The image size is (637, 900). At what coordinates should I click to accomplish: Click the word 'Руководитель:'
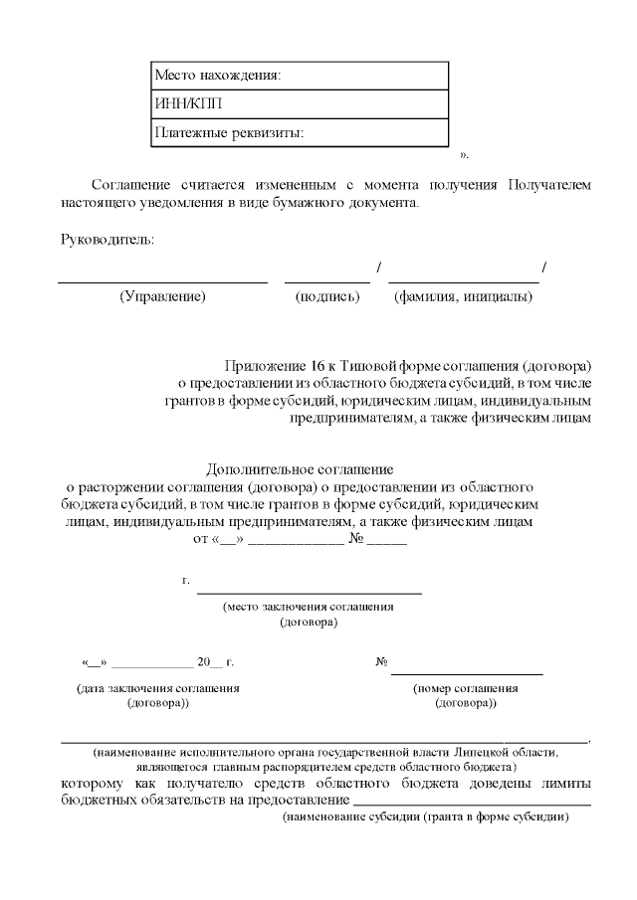coord(107,240)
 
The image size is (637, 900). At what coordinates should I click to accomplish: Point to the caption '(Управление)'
coord(162,296)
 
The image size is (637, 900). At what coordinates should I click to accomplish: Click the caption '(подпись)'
coord(327,296)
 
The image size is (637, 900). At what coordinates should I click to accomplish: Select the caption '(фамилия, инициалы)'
coord(463,296)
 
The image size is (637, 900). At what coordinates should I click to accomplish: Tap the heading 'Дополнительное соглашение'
coord(301,468)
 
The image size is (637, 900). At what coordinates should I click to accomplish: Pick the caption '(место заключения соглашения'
coord(309,606)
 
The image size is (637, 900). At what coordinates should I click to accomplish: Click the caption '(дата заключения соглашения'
coord(158,687)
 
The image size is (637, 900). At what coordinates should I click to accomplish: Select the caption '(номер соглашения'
coord(465,687)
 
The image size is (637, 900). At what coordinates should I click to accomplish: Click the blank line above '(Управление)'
coord(162,281)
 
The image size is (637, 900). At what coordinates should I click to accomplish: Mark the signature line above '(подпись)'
coord(326,281)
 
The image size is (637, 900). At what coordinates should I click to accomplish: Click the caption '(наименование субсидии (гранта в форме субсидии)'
coord(425,816)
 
